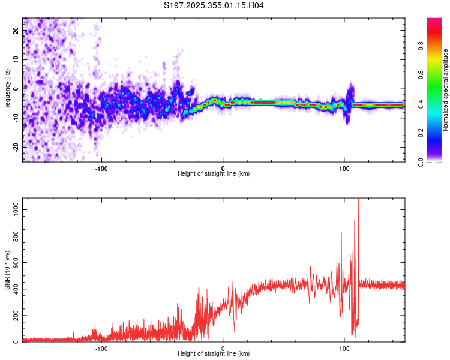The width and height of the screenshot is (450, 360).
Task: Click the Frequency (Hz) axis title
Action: click(7, 90)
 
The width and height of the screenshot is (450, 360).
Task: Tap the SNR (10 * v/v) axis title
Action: click(7, 270)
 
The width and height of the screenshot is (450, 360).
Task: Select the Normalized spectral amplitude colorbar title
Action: click(445, 90)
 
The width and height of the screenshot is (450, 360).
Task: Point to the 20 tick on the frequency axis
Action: click(16, 31)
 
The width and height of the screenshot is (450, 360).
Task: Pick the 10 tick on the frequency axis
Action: click(16, 60)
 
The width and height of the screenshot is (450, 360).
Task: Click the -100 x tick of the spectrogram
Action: click(101, 168)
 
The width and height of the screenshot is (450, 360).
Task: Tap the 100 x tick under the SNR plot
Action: click(344, 348)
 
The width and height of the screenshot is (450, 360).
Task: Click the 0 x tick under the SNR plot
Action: click(223, 348)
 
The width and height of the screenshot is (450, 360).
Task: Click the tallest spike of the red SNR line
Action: click(358, 201)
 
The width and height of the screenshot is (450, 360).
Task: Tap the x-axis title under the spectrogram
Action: click(214, 174)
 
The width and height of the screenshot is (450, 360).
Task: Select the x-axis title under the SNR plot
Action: click(214, 354)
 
